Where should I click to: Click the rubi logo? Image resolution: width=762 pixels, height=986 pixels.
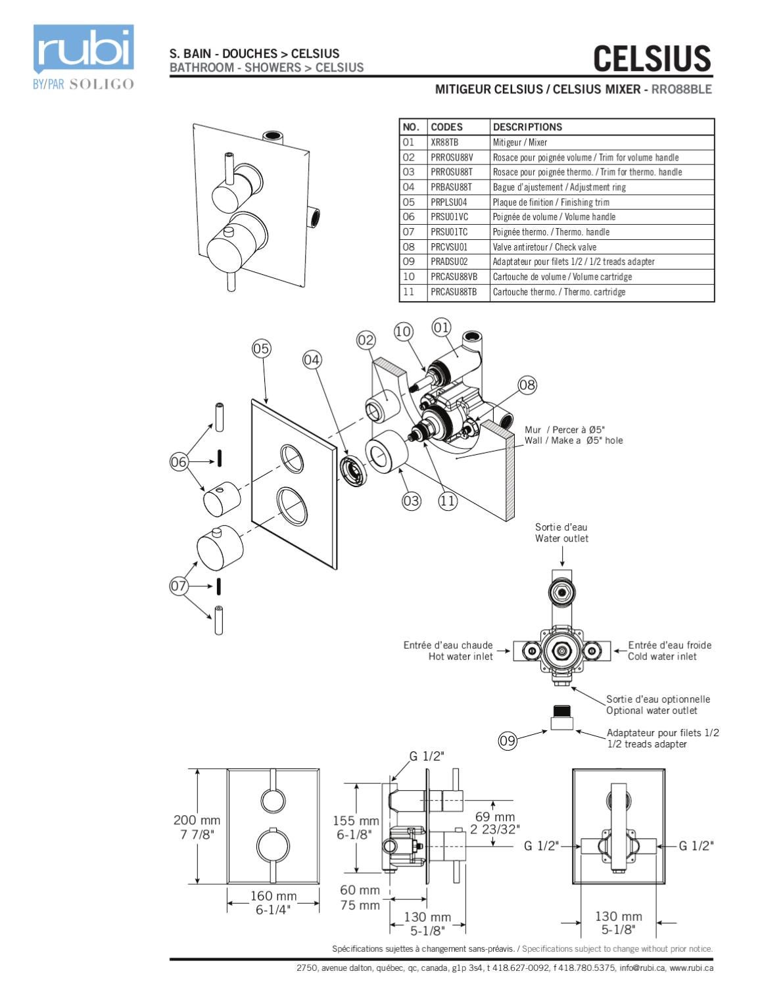tap(83, 49)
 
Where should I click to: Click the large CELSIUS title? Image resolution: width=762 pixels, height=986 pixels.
tap(652, 59)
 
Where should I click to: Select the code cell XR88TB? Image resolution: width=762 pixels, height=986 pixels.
tap(444, 142)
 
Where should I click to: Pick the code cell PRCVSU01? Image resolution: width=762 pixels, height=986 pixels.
tap(449, 247)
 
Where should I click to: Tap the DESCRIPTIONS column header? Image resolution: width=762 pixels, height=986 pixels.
tap(527, 127)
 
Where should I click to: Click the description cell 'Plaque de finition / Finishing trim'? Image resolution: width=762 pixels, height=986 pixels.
tap(551, 202)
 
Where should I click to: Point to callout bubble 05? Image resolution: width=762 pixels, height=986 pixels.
tap(261, 348)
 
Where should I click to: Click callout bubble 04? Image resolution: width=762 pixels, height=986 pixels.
tap(312, 360)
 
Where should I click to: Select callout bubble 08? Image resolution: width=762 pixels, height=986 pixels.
tap(527, 385)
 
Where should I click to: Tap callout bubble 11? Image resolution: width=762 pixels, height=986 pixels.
tap(447, 501)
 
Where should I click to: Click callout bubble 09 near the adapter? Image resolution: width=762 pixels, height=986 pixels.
tap(508, 741)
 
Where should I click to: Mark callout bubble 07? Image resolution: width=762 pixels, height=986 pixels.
tap(179, 586)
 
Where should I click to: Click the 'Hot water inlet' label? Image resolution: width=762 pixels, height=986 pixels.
tap(460, 657)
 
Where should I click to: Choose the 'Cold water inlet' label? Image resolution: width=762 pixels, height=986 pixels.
tap(662, 657)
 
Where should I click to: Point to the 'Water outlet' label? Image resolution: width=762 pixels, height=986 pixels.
tap(561, 538)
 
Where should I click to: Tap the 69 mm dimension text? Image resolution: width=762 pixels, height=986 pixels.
tap(494, 817)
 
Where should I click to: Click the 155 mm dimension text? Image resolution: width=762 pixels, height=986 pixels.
tap(356, 821)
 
